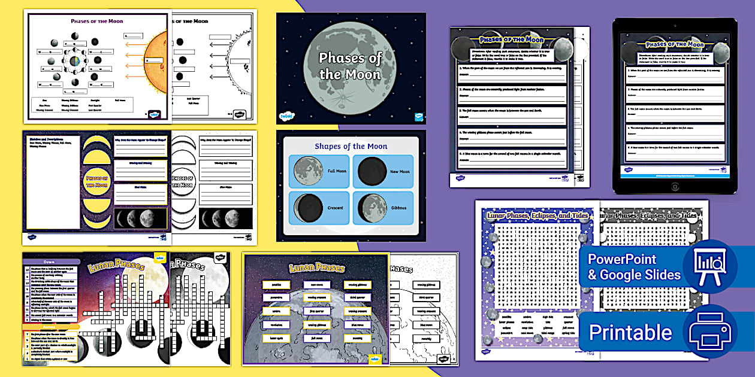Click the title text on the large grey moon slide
coord(350,66)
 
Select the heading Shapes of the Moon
coord(351,146)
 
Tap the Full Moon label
coord(337,172)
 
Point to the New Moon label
coord(399,172)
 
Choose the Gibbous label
coord(398,208)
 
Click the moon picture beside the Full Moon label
coord(309,171)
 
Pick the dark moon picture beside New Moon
coord(372,171)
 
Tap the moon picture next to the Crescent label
coord(309,208)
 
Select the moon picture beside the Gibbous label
coord(372,208)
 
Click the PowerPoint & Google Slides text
coord(634,267)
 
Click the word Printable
coord(630,332)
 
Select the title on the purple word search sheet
coord(537,215)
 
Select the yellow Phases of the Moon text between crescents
coord(96,181)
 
